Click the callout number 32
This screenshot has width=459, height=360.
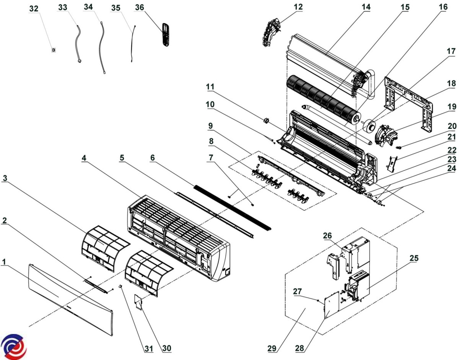[34, 9]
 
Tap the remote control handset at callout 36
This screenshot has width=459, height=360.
[166, 34]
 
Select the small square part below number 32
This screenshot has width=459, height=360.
[54, 50]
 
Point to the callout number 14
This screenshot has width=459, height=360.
[366, 7]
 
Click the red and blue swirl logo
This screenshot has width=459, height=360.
[14, 346]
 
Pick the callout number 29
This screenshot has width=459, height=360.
[272, 349]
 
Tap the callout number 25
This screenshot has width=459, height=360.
[414, 258]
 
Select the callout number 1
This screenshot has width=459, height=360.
[4, 262]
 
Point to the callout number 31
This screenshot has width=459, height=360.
[148, 349]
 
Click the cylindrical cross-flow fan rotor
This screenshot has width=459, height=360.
[323, 100]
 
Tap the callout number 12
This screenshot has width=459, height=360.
[298, 6]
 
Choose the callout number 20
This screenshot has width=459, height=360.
[452, 126]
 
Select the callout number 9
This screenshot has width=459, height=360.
[210, 126]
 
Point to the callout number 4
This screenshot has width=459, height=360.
[84, 158]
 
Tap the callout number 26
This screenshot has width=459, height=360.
[327, 235]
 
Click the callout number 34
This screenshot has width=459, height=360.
[88, 7]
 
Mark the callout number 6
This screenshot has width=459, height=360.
[153, 157]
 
